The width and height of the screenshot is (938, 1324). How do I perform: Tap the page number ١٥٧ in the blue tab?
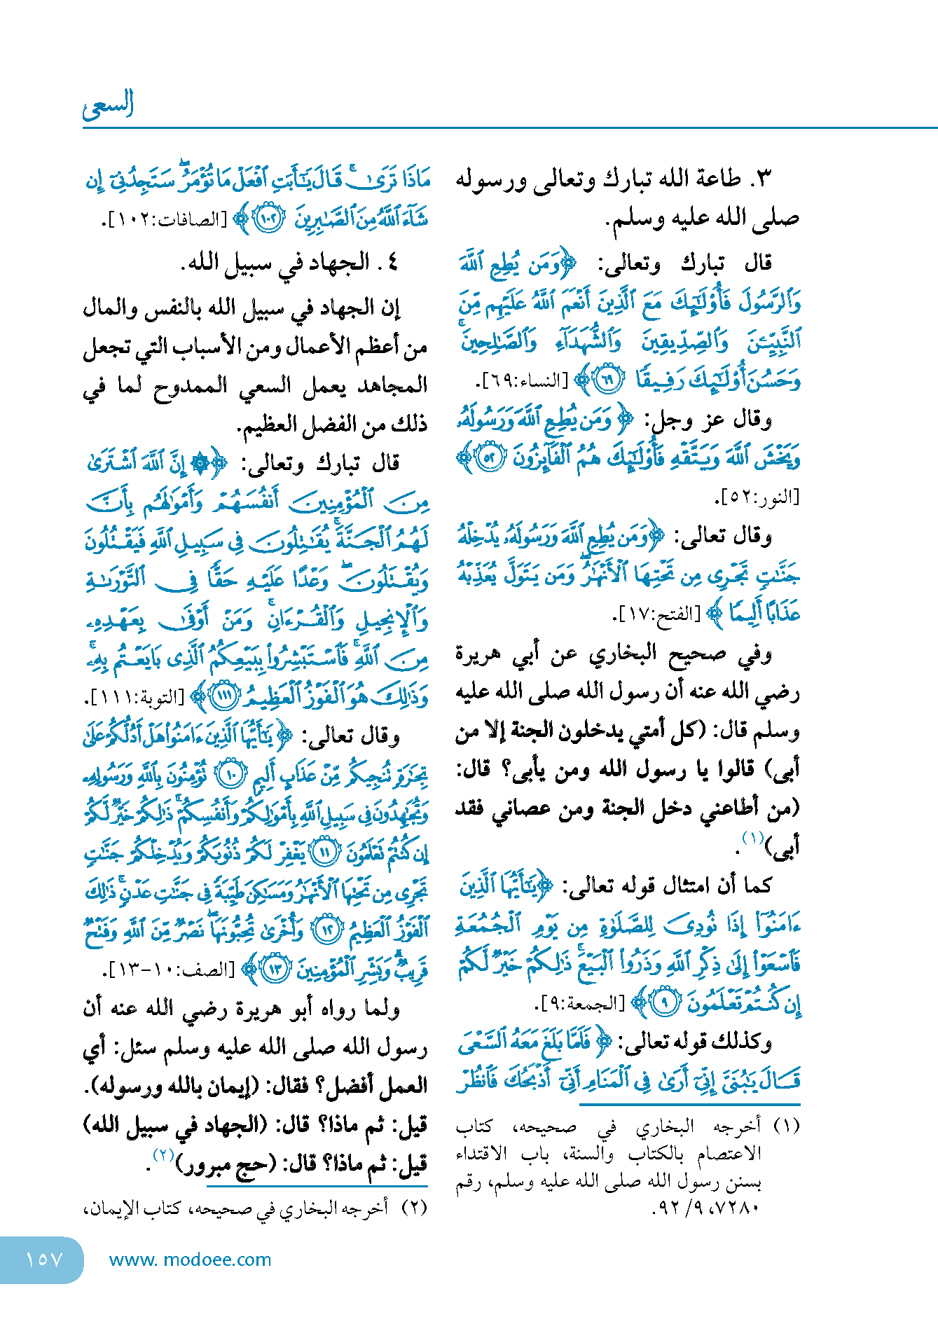(x=43, y=1260)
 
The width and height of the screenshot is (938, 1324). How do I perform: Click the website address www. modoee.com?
(x=190, y=1260)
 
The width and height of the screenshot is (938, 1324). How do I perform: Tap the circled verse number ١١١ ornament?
(x=226, y=697)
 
